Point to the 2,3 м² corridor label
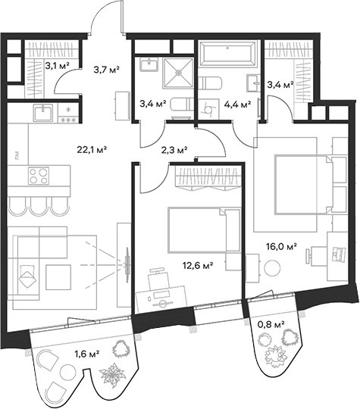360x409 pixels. coord(174,150)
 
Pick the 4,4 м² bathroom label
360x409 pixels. coord(236,105)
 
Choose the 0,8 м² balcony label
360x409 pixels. coord(271,324)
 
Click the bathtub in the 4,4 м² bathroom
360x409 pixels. coord(228,55)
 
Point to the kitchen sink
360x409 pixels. coord(42,114)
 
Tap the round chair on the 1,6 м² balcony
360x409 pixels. coord(52,363)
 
